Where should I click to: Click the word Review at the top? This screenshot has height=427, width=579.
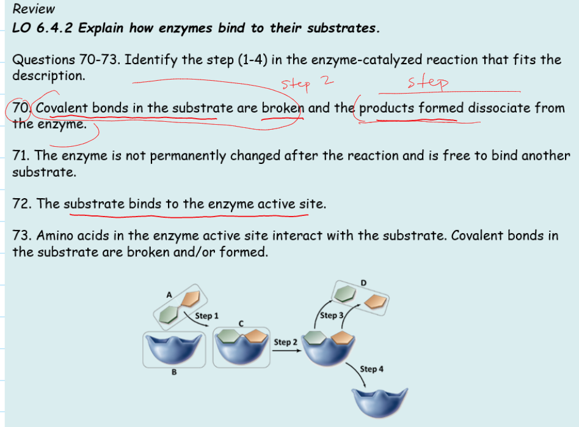point(34,9)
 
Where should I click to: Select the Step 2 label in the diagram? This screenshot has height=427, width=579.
point(285,342)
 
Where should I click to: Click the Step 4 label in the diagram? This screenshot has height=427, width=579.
point(372,369)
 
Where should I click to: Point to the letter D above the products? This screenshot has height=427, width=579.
point(364,282)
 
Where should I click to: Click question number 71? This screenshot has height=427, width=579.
point(20,156)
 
